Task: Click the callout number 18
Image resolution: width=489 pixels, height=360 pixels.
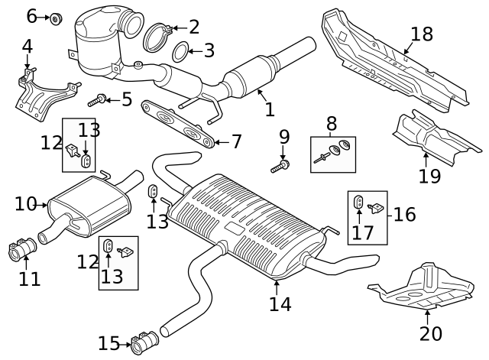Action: point(421,34)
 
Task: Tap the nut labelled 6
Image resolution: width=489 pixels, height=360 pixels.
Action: point(56,17)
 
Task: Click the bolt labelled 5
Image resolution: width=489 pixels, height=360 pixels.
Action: point(99,99)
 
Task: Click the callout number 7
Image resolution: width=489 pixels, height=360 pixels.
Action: point(236,141)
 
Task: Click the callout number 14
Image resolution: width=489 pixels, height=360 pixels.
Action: point(280,303)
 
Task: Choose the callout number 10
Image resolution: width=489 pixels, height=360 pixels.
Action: point(24,203)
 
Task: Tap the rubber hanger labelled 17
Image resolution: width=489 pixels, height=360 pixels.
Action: point(360,203)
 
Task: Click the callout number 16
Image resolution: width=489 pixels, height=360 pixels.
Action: point(404,214)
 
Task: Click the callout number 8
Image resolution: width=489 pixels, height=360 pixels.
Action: point(332,123)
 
